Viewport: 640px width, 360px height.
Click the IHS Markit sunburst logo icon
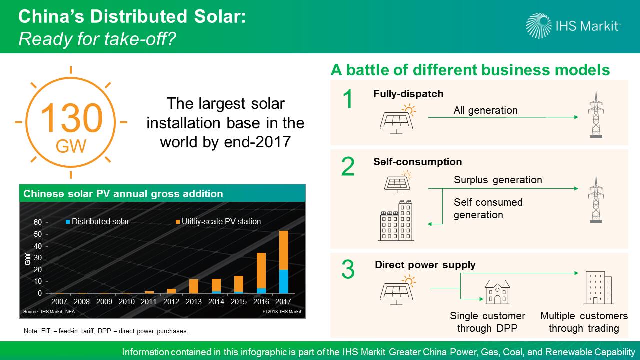539,26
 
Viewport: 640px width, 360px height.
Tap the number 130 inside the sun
71,118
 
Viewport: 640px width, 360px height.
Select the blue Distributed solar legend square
68,222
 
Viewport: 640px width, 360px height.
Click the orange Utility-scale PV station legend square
178,222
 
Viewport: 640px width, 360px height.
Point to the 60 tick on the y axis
37,222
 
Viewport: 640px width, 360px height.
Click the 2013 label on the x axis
193,301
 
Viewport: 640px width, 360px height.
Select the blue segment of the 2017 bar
283,281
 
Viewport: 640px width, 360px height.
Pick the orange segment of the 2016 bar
261,271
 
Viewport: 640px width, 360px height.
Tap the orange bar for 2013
193,286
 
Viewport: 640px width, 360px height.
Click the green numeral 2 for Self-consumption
348,166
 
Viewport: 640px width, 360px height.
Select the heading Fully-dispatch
408,94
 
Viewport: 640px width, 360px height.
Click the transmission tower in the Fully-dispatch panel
596,115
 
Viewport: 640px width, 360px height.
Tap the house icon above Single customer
497,292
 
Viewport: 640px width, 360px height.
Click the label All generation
485,110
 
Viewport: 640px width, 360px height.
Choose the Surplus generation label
498,180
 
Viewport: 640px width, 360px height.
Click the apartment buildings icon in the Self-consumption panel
396,220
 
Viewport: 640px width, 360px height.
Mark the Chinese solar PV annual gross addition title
123,194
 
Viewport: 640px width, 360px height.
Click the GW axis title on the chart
27,259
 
